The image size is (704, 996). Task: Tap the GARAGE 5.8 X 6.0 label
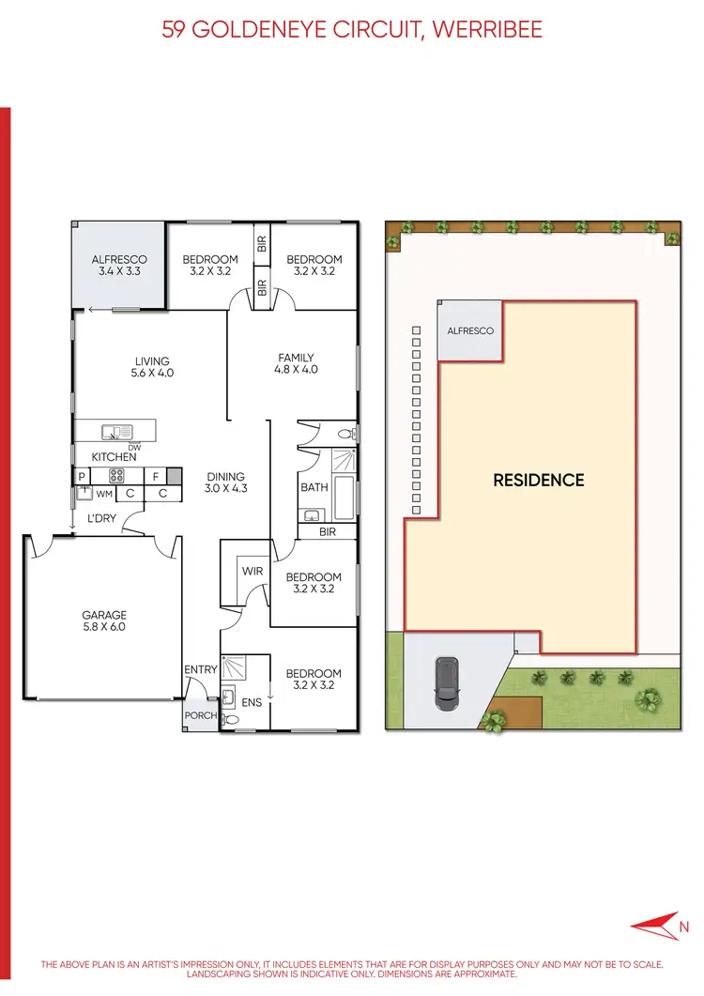(103, 621)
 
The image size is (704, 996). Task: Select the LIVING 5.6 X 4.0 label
(152, 366)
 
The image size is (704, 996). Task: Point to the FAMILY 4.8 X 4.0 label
(296, 363)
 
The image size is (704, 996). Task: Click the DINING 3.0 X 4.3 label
(226, 483)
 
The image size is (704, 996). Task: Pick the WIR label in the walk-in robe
(252, 571)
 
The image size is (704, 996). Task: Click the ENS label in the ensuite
(251, 701)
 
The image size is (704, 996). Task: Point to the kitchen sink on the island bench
(118, 433)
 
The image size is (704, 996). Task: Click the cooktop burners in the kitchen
(119, 475)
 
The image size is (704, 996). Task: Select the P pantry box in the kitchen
(83, 476)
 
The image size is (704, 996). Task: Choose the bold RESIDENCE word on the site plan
(539, 480)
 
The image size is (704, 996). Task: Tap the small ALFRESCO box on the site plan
(469, 331)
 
